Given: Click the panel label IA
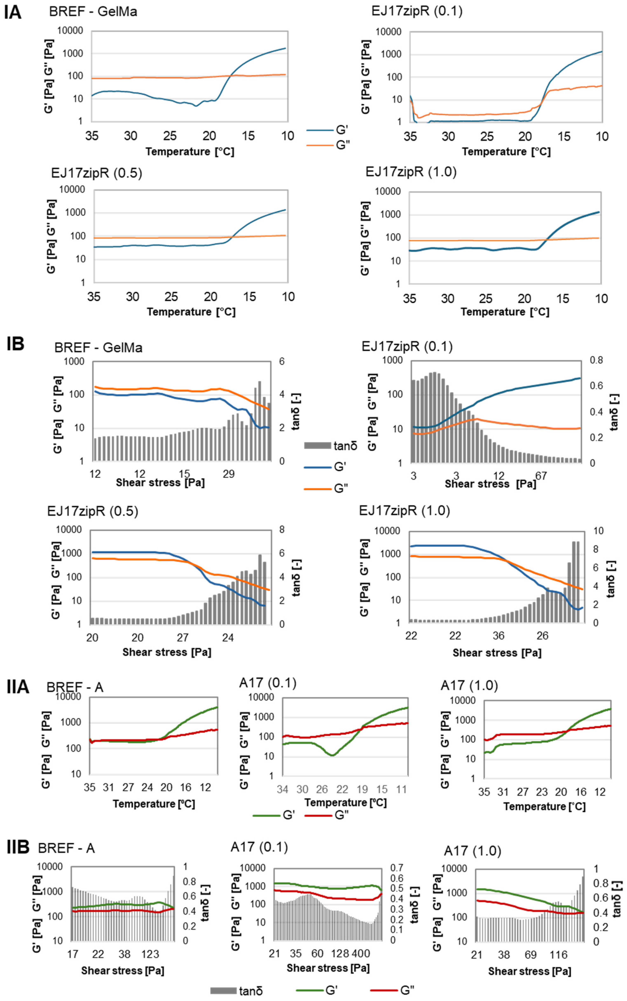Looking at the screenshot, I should point(13,12).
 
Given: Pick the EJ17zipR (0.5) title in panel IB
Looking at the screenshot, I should point(92,511).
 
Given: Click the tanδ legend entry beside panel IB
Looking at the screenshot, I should point(331,446).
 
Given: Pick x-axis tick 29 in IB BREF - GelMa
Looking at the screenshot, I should point(228,474).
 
